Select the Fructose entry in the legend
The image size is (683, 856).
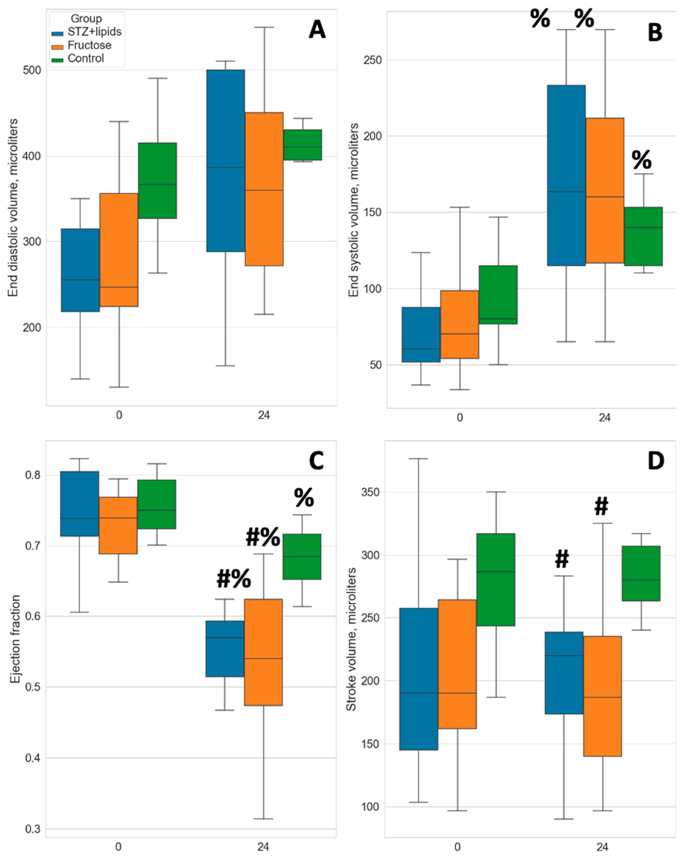89,45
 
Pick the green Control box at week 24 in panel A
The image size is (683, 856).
302,145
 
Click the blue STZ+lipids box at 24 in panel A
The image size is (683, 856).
225,160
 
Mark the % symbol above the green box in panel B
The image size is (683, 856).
641,160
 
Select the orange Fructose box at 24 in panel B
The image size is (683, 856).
604,191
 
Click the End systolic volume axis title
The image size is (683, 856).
354,210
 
